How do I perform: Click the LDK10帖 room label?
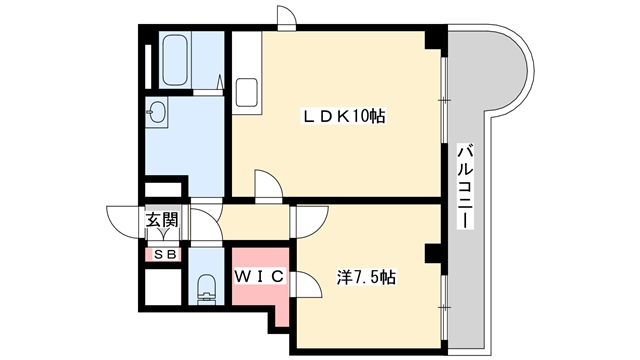[x=345, y=117]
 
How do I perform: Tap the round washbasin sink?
[x=158, y=113]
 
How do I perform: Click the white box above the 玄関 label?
[x=162, y=190]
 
